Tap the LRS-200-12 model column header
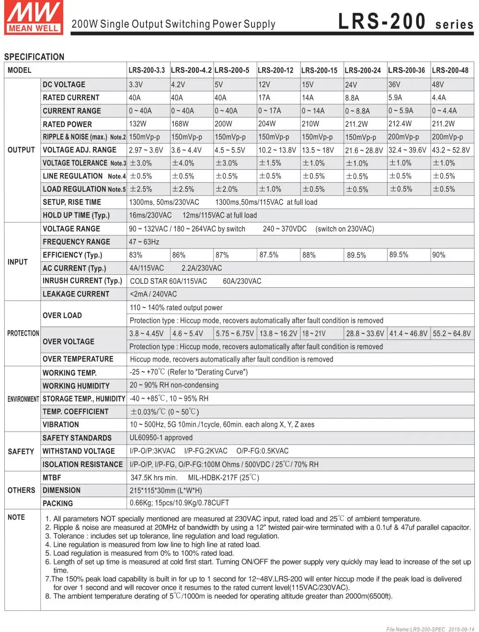pos(275,70)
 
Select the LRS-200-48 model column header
pos(450,70)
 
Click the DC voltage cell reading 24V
pos(351,85)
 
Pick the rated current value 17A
pos(264,97)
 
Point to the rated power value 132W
pos(137,124)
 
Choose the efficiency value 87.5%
pos(269,255)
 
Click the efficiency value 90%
pos(439,255)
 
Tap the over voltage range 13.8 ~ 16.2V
pos(278,333)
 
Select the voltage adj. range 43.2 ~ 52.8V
pos(451,150)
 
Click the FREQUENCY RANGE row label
pos(76,242)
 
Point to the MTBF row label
pos(52,478)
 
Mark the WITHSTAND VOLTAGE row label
pos(79,451)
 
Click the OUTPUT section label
pos(21,150)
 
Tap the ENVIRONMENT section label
pos(23,399)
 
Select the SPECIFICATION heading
pos(34,57)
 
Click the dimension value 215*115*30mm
pos(166,491)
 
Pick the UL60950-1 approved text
pos(161,438)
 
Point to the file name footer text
pos(430,629)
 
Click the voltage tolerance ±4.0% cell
pos(183,163)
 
